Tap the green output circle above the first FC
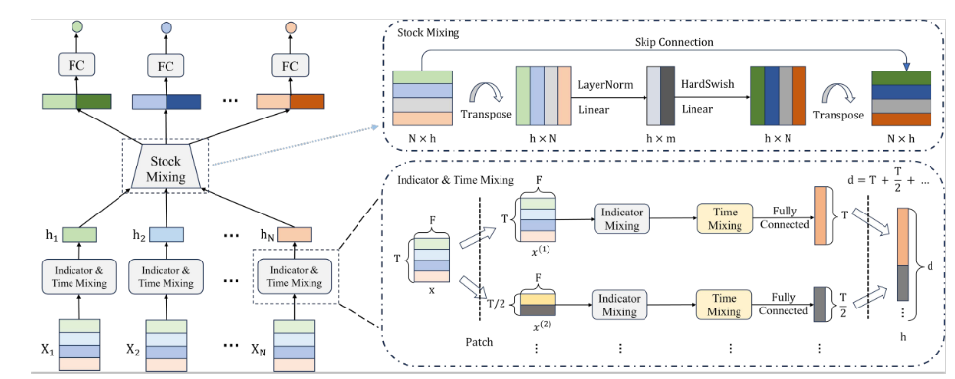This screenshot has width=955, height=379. tap(76, 26)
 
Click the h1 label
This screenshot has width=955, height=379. tap(51, 235)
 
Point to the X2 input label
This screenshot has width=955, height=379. tap(133, 350)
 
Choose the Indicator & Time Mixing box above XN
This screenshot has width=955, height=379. tap(294, 276)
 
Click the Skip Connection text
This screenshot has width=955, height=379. tap(674, 42)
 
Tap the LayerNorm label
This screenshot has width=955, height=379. tap(604, 85)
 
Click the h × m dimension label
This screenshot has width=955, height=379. tap(661, 138)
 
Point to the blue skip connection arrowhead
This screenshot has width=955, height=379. tap(906, 66)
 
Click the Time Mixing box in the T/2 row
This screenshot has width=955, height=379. tap(724, 305)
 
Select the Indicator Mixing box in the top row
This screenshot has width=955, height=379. tap(622, 218)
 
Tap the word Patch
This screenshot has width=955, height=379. tap(479, 342)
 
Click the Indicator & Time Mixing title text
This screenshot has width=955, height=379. tap(454, 180)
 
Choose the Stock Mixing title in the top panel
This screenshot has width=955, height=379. tap(428, 32)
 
